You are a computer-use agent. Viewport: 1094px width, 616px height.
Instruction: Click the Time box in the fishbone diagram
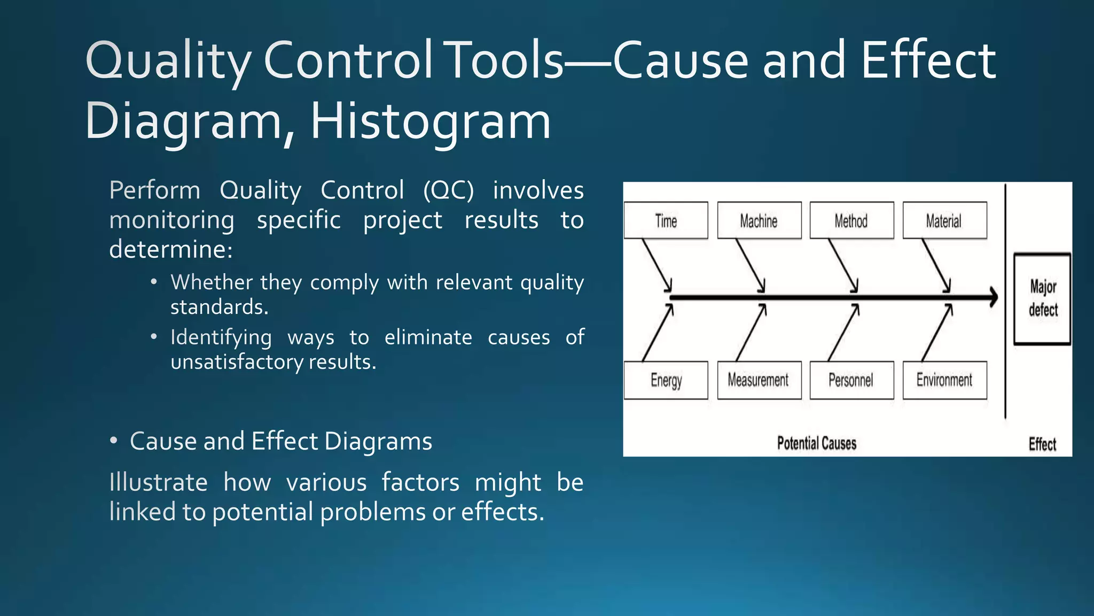click(x=666, y=220)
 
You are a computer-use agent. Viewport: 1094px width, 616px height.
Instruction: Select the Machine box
click(x=759, y=220)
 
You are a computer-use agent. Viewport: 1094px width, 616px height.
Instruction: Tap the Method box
click(x=851, y=220)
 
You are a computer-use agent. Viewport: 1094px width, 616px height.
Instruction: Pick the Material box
click(x=944, y=220)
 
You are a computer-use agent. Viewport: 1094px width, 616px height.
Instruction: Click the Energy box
click(x=666, y=380)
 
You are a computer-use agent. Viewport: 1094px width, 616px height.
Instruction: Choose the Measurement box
click(x=759, y=380)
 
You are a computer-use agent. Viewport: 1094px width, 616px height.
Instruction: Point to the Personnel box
click(x=851, y=380)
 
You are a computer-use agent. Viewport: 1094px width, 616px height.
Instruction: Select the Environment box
click(x=944, y=380)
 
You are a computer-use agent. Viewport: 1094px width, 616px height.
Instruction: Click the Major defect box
click(x=1043, y=298)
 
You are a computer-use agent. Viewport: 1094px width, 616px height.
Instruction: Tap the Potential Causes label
click(x=816, y=443)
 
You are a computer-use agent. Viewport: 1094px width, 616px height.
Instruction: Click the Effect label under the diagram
click(x=1042, y=444)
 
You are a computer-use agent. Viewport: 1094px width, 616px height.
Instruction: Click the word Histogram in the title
click(x=430, y=122)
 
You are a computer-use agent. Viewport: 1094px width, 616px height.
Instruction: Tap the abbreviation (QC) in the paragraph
click(x=448, y=190)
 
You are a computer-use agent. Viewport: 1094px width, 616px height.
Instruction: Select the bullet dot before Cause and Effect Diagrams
click(x=113, y=441)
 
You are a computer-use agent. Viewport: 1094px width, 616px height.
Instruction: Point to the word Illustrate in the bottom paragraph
click(x=158, y=482)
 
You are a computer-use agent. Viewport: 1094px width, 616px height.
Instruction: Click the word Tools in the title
click(x=505, y=60)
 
